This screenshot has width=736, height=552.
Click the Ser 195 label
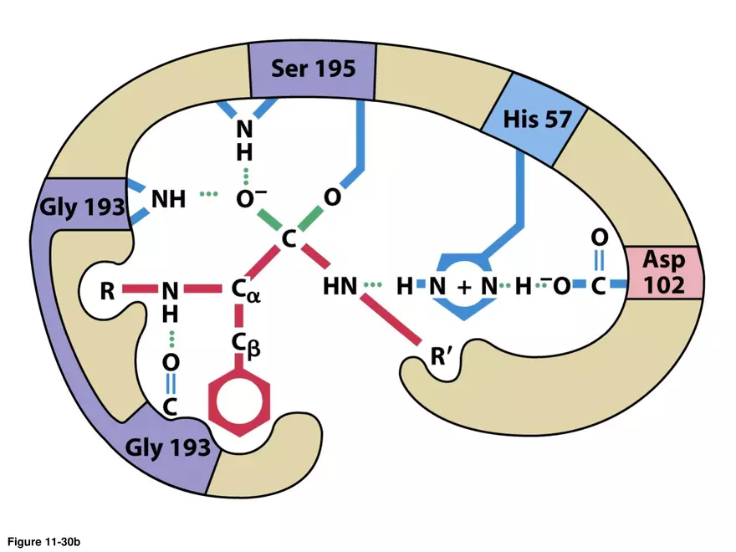312,68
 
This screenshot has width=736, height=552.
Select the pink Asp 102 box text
664,272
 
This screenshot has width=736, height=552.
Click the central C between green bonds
289,239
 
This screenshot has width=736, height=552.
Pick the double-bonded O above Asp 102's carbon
599,238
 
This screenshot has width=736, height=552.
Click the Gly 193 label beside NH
82,208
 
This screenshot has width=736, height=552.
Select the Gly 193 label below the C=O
168,447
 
